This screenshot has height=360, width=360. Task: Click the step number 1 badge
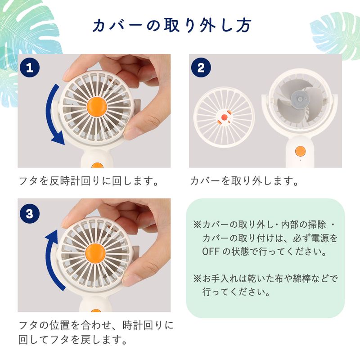coord(30,67)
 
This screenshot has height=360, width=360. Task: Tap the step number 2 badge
coord(201,67)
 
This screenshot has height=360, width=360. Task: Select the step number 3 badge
coord(30,213)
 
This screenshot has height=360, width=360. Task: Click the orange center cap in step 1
coord(97,107)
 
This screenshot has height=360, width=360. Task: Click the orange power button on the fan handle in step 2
coord(300,151)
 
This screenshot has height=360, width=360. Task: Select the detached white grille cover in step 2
coord(224,117)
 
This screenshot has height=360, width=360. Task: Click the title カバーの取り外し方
coord(172,25)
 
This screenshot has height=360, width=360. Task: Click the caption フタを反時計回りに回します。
coord(89,181)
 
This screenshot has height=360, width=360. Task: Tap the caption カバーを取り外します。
coord(244,181)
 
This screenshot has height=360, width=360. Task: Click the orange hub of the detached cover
coord(224,117)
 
